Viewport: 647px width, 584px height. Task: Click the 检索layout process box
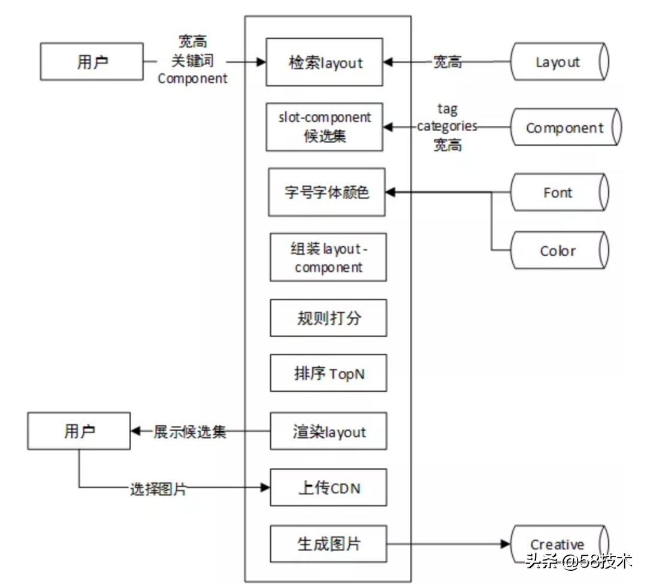(x=323, y=62)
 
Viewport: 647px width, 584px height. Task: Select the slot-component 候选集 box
(x=323, y=126)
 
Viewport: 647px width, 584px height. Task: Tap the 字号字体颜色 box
(x=326, y=192)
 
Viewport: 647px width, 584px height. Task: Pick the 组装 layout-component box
(x=328, y=257)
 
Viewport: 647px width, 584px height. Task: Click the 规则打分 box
(x=328, y=317)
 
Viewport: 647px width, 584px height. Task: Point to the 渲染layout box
(x=328, y=431)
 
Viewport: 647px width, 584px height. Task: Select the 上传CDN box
(x=328, y=488)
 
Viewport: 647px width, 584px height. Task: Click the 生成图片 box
(x=328, y=544)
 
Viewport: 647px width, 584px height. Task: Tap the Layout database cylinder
(x=558, y=62)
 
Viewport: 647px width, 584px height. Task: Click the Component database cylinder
(x=565, y=128)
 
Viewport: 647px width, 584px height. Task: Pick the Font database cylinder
(x=558, y=192)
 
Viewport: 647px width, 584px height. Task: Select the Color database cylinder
(x=558, y=250)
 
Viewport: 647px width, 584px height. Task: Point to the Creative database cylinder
(x=558, y=544)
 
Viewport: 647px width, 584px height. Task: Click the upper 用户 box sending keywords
(x=92, y=62)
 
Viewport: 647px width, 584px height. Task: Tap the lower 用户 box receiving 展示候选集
(x=78, y=431)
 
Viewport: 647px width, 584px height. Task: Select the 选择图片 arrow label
(x=158, y=489)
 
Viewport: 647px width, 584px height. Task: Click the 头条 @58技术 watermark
(x=578, y=562)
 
